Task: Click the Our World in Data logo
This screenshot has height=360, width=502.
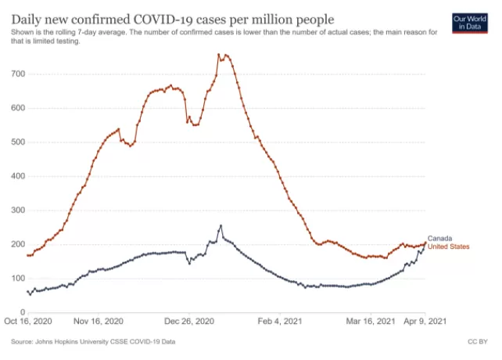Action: click(x=470, y=23)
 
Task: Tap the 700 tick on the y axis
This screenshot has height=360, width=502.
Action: click(x=18, y=74)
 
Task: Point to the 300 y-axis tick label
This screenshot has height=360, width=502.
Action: click(x=18, y=211)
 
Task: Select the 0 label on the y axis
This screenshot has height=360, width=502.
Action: click(x=23, y=312)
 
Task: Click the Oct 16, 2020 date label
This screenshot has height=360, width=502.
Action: click(x=28, y=321)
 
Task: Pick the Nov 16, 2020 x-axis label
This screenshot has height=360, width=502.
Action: click(x=99, y=321)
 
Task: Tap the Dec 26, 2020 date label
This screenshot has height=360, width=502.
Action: click(x=189, y=321)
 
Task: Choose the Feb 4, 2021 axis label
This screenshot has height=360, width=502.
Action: click(x=280, y=321)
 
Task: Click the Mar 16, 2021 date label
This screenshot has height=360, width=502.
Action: click(x=371, y=321)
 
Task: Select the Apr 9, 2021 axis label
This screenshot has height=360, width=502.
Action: click(x=425, y=321)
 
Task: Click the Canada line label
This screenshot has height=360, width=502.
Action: click(x=440, y=239)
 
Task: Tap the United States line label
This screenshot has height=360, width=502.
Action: click(x=449, y=247)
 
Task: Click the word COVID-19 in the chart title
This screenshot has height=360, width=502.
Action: click(x=163, y=20)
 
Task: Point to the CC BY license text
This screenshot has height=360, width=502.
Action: click(x=478, y=342)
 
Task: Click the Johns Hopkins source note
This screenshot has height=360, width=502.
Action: click(x=93, y=342)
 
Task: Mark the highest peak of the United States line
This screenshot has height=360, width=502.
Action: click(x=219, y=54)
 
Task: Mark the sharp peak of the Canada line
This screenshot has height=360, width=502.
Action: click(x=221, y=225)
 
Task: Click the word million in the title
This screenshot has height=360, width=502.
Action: click(x=272, y=20)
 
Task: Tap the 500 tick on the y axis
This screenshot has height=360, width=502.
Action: click(x=18, y=142)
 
